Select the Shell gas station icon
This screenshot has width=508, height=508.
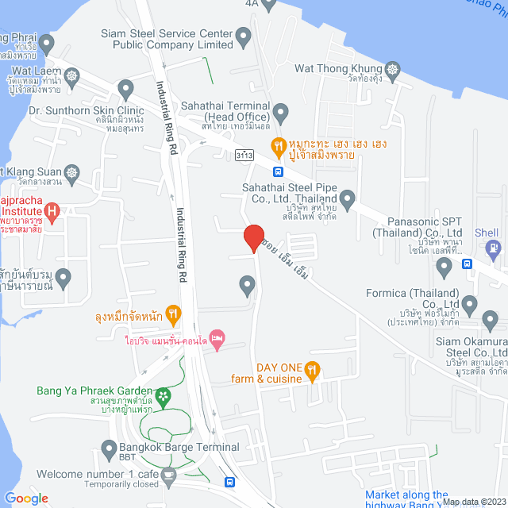point(495,248)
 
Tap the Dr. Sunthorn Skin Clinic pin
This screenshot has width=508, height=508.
point(125,87)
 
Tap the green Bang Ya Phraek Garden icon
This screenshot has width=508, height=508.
point(163,394)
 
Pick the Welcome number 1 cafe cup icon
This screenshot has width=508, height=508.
point(168,474)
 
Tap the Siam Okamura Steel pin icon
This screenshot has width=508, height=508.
point(491,321)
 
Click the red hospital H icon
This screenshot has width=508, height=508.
point(52,212)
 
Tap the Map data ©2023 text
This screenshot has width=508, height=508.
point(473,502)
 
